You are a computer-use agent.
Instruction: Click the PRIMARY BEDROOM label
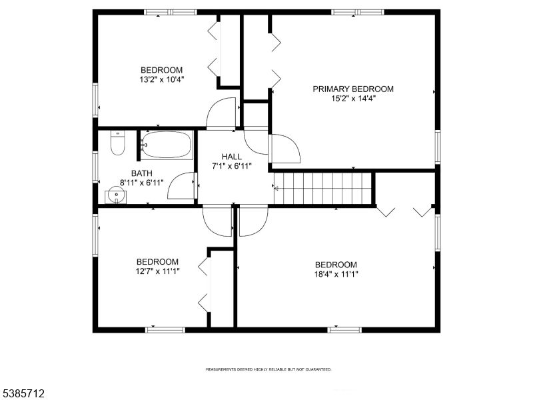click(x=353, y=89)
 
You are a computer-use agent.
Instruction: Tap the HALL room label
click(x=232, y=157)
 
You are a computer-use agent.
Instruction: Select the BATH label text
click(x=142, y=173)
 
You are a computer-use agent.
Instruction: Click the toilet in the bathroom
click(x=118, y=143)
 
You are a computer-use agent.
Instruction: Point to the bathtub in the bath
click(x=167, y=145)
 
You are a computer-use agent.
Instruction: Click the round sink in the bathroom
click(x=116, y=195)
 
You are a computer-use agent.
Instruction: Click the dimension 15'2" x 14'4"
click(x=353, y=99)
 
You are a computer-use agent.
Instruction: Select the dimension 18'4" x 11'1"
click(x=336, y=274)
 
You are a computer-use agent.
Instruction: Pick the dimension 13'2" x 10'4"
click(x=162, y=79)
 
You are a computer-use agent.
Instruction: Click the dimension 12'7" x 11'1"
click(x=157, y=271)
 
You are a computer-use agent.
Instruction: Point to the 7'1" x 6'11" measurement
click(x=232, y=166)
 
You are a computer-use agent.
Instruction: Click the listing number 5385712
click(x=23, y=394)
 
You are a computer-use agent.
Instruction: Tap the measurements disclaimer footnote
click(x=268, y=369)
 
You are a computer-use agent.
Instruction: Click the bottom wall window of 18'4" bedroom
click(x=344, y=330)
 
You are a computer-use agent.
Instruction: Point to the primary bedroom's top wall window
click(x=358, y=12)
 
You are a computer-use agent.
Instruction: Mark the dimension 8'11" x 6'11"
click(x=142, y=183)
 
